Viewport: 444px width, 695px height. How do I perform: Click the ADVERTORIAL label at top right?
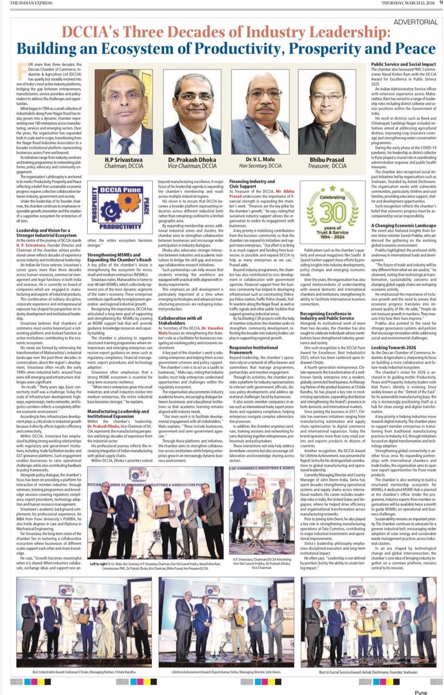pos(416,22)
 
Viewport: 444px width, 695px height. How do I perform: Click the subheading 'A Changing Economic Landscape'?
pos(404,225)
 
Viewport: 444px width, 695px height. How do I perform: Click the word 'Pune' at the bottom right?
pos(421,692)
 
